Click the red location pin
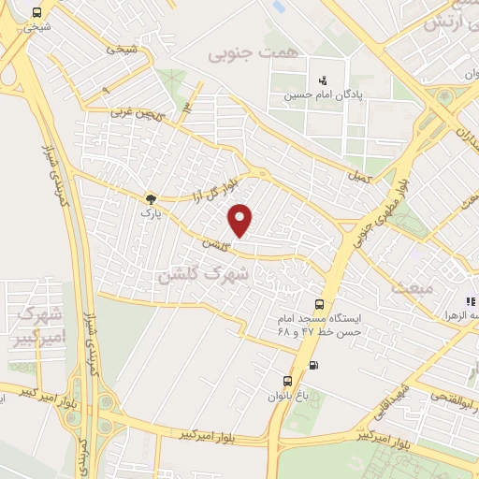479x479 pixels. pyautogui.click(x=241, y=220)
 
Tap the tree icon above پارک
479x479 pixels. pyautogui.click(x=149, y=198)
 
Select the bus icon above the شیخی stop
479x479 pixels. pyautogui.click(x=36, y=13)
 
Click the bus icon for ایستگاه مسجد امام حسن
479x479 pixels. pyautogui.click(x=320, y=304)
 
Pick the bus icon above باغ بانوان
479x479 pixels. pyautogui.click(x=288, y=381)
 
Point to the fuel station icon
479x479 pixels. pyautogui.click(x=312, y=364)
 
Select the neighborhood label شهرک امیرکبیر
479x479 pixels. pyautogui.click(x=37, y=323)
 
